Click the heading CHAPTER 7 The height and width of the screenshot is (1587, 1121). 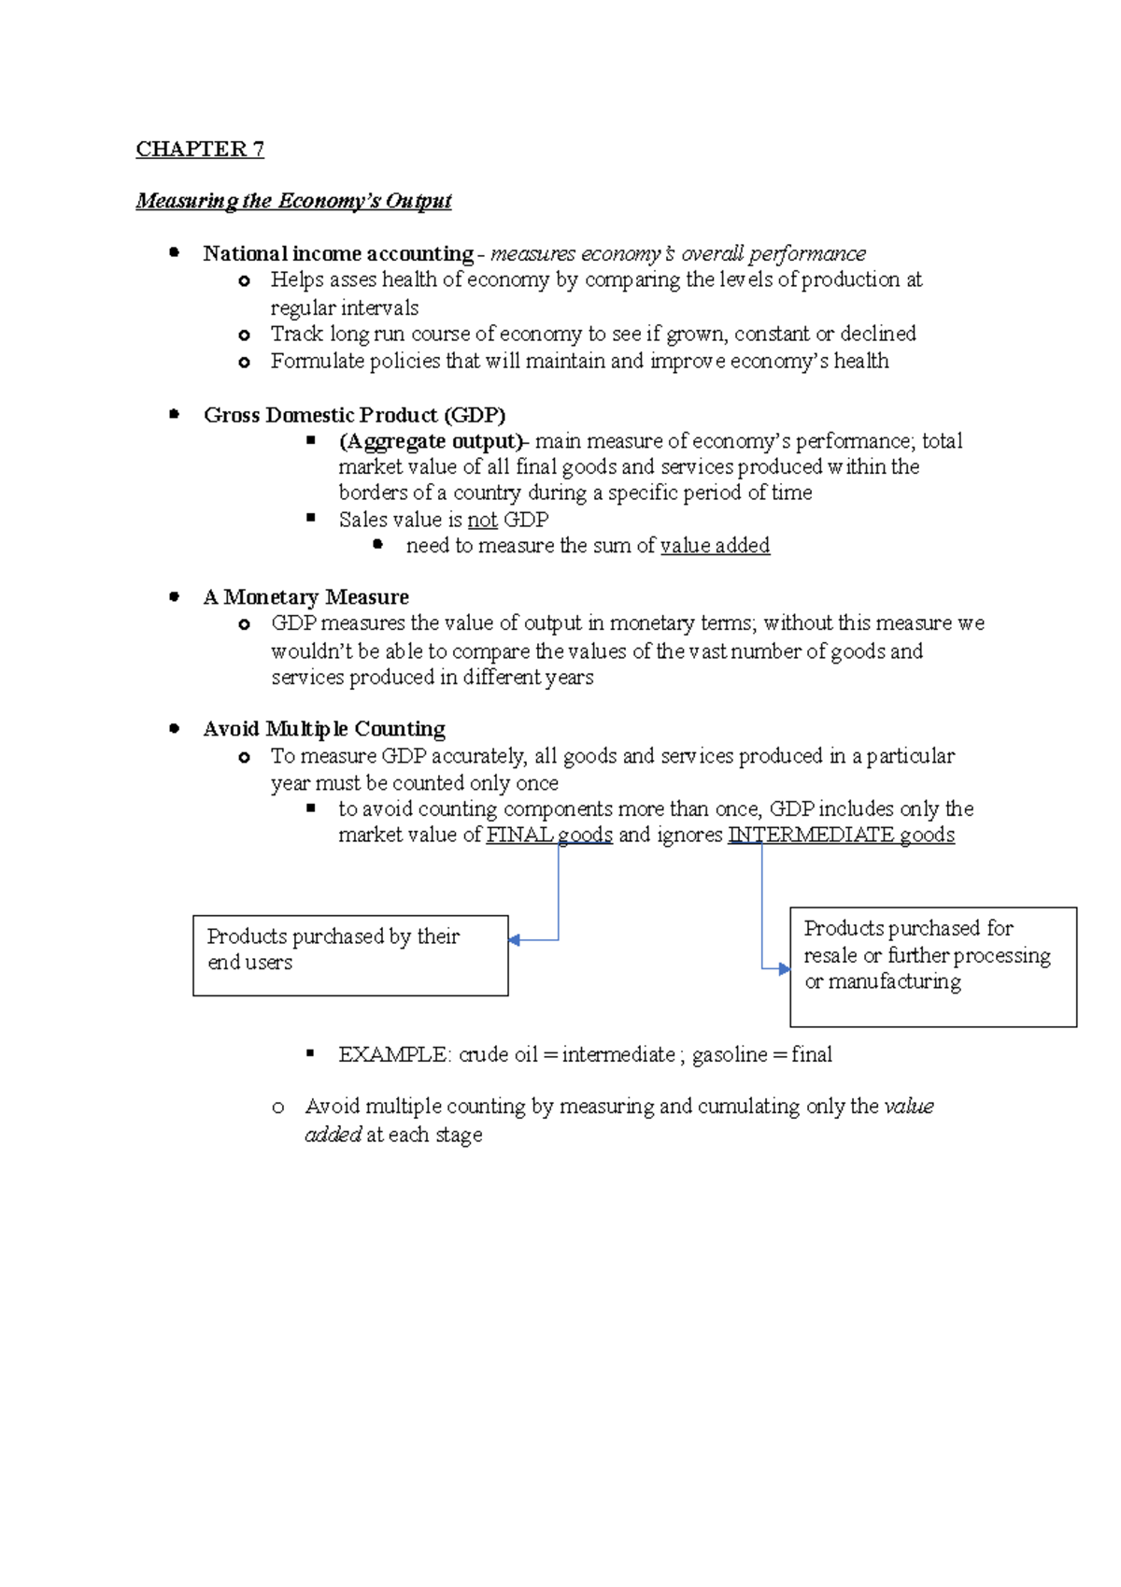pos(200,150)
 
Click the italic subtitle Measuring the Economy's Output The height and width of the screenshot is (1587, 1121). pos(293,201)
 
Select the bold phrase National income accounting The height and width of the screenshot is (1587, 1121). pos(338,254)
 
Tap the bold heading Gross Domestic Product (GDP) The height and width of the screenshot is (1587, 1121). pos(354,415)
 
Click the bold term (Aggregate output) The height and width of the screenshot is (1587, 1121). pos(432,441)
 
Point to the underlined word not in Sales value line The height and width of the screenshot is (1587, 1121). pos(482,520)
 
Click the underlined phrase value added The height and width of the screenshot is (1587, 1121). pos(715,546)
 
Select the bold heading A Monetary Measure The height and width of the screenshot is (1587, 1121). pos(305,597)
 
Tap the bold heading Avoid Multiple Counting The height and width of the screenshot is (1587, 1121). pos(323,729)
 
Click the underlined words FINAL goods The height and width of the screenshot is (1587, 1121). pos(549,836)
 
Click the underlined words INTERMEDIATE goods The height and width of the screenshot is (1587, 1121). pos(841,836)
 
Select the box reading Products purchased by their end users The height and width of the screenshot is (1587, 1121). pos(350,955)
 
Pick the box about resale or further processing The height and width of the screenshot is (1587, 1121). pos(932,966)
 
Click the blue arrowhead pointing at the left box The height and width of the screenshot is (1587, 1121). pos(515,940)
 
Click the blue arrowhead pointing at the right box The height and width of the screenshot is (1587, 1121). pos(784,969)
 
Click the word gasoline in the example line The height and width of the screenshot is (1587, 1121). pos(730,1055)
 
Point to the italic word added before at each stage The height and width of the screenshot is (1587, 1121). pos(333,1135)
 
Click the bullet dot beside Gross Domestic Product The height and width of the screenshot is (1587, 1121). pos(174,414)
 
